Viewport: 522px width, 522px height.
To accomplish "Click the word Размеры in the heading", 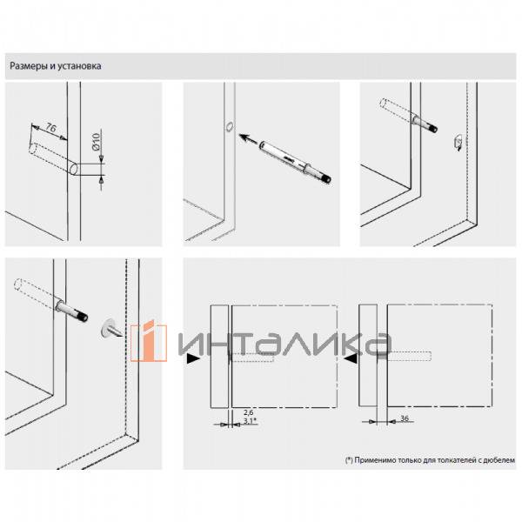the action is click(x=29, y=66).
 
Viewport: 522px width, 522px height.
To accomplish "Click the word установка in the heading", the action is click(x=79, y=66).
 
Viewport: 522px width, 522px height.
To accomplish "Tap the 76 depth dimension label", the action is click(x=51, y=128).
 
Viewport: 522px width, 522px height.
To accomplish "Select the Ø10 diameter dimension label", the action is click(x=97, y=142).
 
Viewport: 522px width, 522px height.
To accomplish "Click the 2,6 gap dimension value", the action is click(x=248, y=412).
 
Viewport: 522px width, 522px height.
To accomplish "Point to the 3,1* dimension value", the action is click(x=250, y=421).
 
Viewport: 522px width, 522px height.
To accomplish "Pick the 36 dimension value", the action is click(x=405, y=418).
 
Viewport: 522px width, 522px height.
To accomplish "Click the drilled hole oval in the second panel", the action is click(x=230, y=127).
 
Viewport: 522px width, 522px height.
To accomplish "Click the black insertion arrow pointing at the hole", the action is click(x=248, y=138).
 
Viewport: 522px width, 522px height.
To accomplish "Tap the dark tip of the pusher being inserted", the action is click(x=326, y=179).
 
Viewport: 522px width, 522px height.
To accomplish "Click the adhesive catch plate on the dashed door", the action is click(x=458, y=142).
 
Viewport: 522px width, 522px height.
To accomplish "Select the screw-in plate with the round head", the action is click(x=110, y=328).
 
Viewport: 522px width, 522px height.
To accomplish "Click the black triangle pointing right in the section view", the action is click(x=193, y=358).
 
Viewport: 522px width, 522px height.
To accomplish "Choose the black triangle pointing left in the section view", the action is click(x=351, y=358).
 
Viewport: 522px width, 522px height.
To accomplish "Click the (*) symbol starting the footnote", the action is click(x=349, y=460).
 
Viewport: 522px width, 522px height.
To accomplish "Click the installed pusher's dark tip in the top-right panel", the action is click(x=433, y=128).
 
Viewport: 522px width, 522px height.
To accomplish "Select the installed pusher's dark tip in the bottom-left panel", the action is click(x=82, y=315).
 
